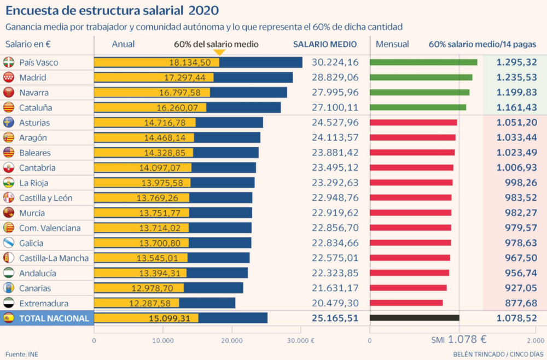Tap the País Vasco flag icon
9,62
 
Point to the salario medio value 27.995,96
335,92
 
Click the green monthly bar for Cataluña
418,107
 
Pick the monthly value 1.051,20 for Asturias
516,123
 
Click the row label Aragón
33,138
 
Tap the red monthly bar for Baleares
412,153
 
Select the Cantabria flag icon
9,167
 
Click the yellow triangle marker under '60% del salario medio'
219,53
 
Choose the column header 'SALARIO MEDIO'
324,44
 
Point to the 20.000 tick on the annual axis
232,340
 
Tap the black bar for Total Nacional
414,318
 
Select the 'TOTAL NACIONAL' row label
54,318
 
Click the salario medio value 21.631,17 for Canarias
335,288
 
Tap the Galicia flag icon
9,243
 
